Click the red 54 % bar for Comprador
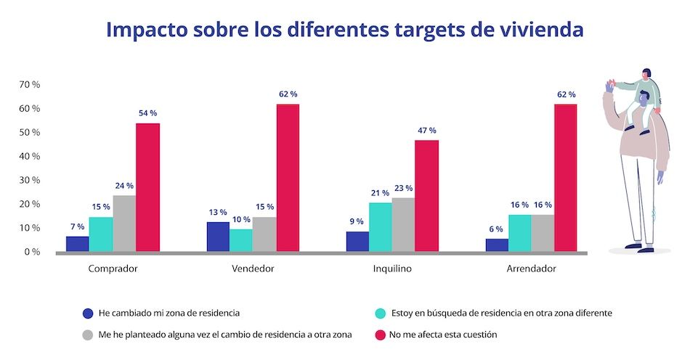click(x=147, y=187)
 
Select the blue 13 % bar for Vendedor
click(x=218, y=237)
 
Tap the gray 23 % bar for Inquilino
click(x=403, y=224)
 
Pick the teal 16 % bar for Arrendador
click(x=519, y=233)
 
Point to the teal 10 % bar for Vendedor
click(x=241, y=240)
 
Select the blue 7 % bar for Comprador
click(x=77, y=244)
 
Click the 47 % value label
click(x=426, y=131)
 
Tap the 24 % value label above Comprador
click(x=124, y=186)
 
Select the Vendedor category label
click(x=253, y=269)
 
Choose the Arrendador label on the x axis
click(x=531, y=269)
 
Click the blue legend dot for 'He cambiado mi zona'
click(x=88, y=314)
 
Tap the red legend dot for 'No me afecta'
click(x=378, y=335)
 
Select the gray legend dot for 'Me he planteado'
click(x=88, y=335)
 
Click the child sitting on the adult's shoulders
click(x=644, y=98)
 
